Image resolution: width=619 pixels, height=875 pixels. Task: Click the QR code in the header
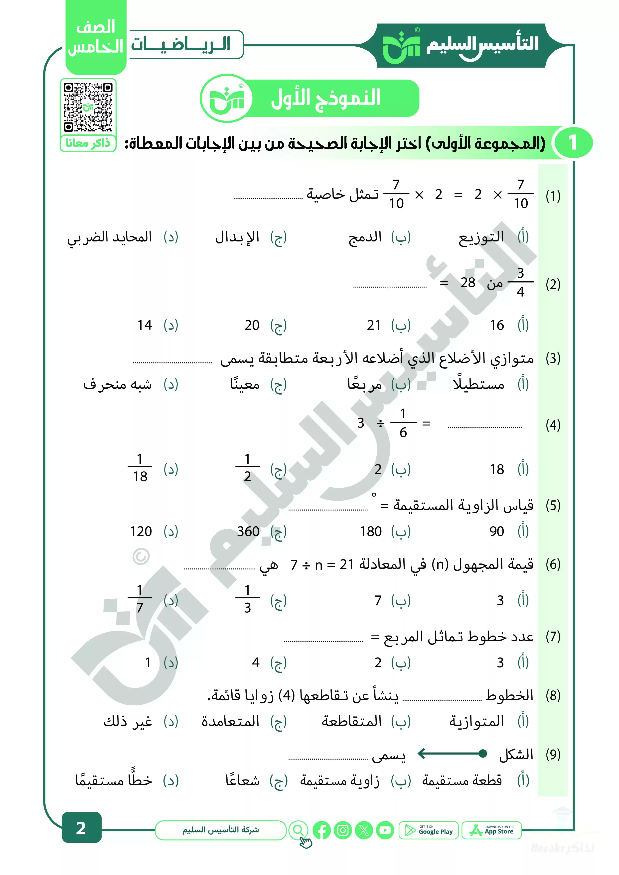pyautogui.click(x=88, y=107)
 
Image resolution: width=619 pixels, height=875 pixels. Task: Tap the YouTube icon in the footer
pyautogui.click(x=385, y=830)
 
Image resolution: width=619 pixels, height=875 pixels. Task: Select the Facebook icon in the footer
pyautogui.click(x=321, y=830)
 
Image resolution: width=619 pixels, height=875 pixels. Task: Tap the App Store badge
pyautogui.click(x=492, y=830)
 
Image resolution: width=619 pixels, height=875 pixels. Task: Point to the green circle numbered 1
pyautogui.click(x=573, y=143)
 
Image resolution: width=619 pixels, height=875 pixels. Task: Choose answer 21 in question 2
pyautogui.click(x=374, y=325)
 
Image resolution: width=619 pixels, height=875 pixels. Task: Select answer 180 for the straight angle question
pyautogui.click(x=370, y=531)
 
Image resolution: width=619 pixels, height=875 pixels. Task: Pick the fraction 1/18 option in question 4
pyautogui.click(x=140, y=468)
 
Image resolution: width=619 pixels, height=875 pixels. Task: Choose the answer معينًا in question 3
pyautogui.click(x=244, y=384)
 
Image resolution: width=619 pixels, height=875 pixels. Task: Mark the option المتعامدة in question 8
pyautogui.click(x=230, y=721)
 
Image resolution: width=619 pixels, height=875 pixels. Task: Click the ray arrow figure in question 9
pyautogui.click(x=452, y=754)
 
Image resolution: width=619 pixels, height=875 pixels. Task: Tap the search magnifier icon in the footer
pyautogui.click(x=299, y=830)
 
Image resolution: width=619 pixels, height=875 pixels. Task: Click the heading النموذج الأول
pyautogui.click(x=326, y=98)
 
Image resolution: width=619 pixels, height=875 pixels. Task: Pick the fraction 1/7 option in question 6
pyautogui.click(x=140, y=599)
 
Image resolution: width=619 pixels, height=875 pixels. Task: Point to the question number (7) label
pyautogui.click(x=553, y=637)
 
